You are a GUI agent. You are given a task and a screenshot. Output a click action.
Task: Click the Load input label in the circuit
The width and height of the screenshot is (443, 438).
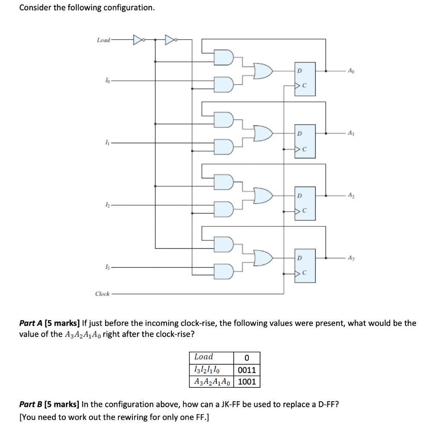coord(103,40)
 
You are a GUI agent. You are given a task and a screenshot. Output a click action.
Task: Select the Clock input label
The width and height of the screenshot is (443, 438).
coord(103,294)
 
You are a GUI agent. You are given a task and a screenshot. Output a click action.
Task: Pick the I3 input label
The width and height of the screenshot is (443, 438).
coord(106,268)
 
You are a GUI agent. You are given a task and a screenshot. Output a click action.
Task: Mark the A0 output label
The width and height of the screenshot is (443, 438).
coord(355,71)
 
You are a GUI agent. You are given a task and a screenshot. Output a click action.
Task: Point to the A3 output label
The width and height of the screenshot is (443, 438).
coord(355,258)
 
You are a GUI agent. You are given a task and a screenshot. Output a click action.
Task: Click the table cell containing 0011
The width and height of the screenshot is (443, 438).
coord(247,370)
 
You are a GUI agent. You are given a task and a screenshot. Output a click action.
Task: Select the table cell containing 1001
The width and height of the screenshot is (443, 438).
coord(247,382)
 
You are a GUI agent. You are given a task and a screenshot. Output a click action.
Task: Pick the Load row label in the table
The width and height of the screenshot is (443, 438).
coord(204,357)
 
